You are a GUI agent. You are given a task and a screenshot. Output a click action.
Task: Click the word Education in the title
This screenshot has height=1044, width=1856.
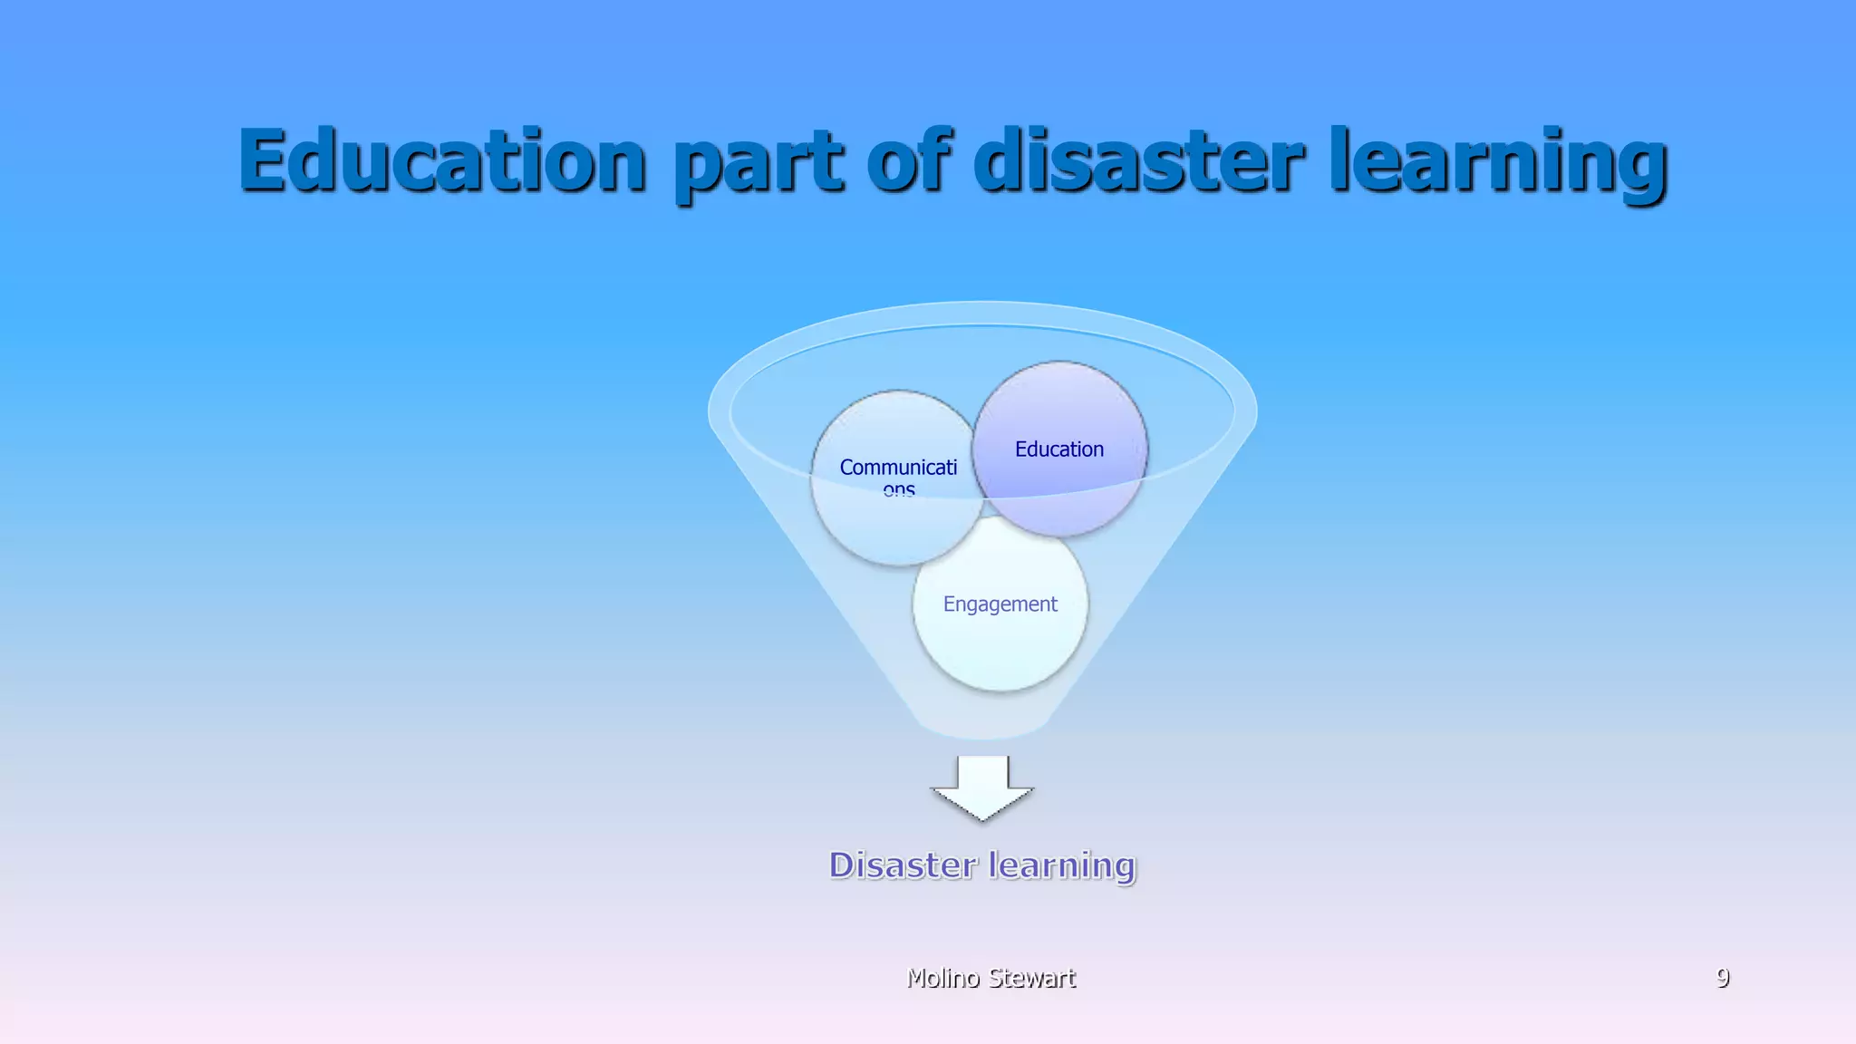point(442,160)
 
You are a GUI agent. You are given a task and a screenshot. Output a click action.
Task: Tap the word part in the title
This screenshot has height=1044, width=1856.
point(759,163)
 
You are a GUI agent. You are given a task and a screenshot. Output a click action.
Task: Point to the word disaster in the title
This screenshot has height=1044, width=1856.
point(1139,160)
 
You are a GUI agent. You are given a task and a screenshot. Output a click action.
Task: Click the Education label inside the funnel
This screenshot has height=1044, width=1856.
point(1059,449)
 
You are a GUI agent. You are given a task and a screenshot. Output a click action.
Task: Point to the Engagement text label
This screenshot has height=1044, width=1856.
point(1000,604)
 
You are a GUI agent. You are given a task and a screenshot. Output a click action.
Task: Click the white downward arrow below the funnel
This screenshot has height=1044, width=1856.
point(982,788)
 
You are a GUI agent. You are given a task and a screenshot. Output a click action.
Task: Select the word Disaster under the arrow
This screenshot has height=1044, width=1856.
point(904,865)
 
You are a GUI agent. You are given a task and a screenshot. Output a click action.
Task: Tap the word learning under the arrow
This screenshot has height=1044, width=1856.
point(1061,865)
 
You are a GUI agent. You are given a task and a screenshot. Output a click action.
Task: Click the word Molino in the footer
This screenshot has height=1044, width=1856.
point(943,978)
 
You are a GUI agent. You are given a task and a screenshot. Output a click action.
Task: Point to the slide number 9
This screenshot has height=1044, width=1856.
point(1722,977)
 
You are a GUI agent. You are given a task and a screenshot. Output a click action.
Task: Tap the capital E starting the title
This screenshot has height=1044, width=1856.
point(265,160)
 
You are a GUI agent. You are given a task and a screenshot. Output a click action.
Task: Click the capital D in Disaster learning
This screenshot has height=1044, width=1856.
point(843,865)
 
